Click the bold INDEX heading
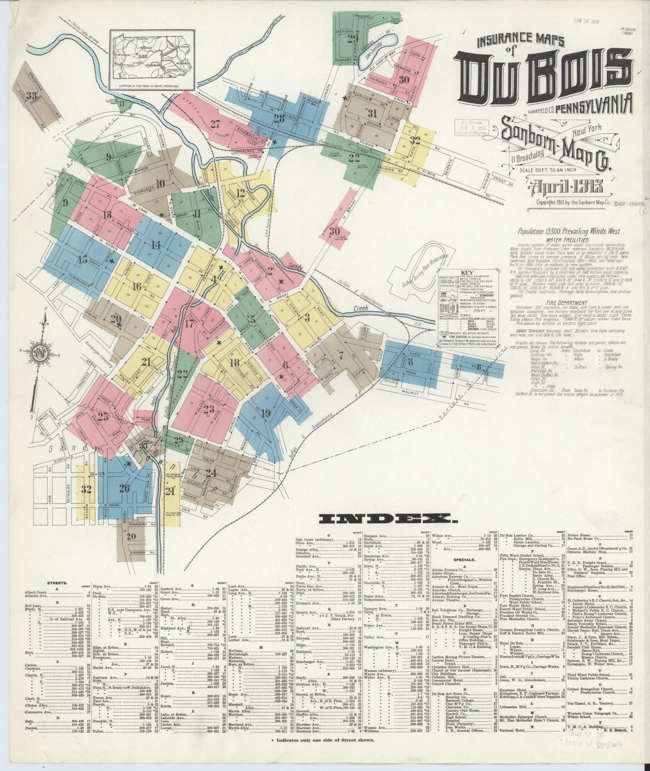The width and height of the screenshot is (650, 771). click(x=387, y=519)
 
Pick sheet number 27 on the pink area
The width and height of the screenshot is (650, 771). click(x=215, y=125)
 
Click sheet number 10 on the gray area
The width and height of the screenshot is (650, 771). click(x=160, y=184)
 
